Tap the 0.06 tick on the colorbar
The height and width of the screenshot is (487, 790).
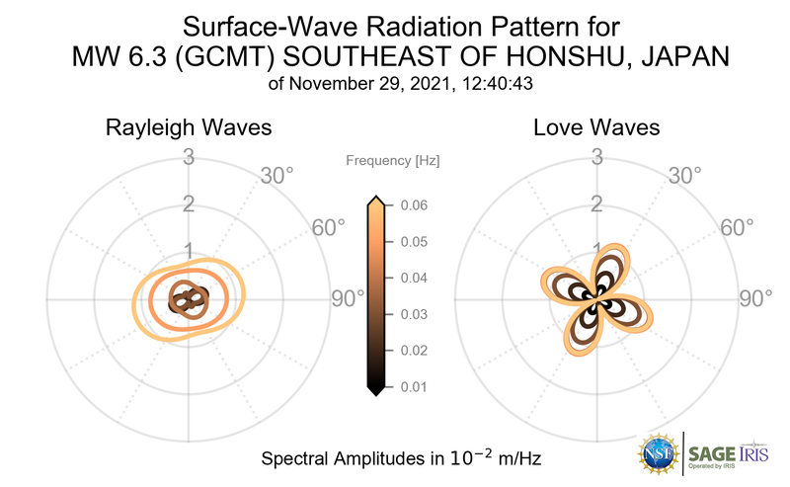(413, 205)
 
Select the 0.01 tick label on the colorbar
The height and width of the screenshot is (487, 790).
(413, 386)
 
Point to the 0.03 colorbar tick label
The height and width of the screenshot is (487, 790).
(413, 314)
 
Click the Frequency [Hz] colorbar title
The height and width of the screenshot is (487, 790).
(393, 159)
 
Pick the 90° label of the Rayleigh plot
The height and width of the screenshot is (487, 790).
(348, 298)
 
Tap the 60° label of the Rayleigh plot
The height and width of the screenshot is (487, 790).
(329, 228)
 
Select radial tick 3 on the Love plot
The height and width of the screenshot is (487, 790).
(596, 157)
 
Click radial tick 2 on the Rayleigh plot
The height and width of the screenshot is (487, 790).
(188, 204)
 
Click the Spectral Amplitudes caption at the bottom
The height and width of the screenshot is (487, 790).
(400, 459)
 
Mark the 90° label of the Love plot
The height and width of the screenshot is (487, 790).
(755, 298)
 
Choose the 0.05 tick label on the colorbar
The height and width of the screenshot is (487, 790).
(413, 242)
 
